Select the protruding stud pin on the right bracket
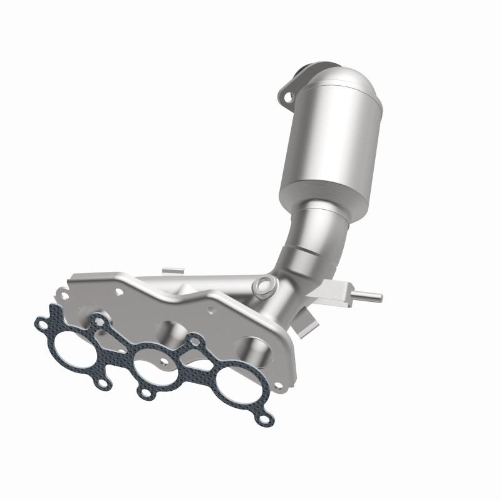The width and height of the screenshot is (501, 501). tap(369, 294)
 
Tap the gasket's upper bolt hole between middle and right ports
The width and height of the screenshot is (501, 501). tap(195, 341)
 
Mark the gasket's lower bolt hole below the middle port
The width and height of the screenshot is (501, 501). tap(145, 393)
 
